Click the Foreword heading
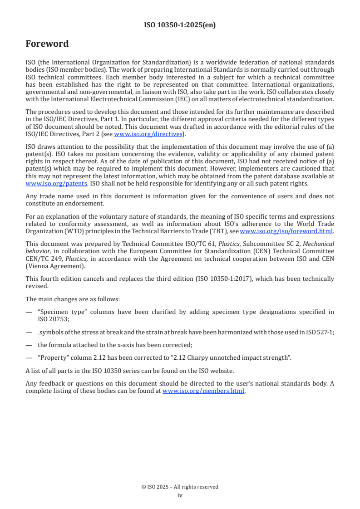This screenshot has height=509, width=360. [47, 44]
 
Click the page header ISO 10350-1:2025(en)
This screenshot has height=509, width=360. [180, 25]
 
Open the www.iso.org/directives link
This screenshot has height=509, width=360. [148, 134]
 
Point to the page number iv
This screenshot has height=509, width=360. [180, 495]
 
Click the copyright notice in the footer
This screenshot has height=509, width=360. [180, 487]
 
